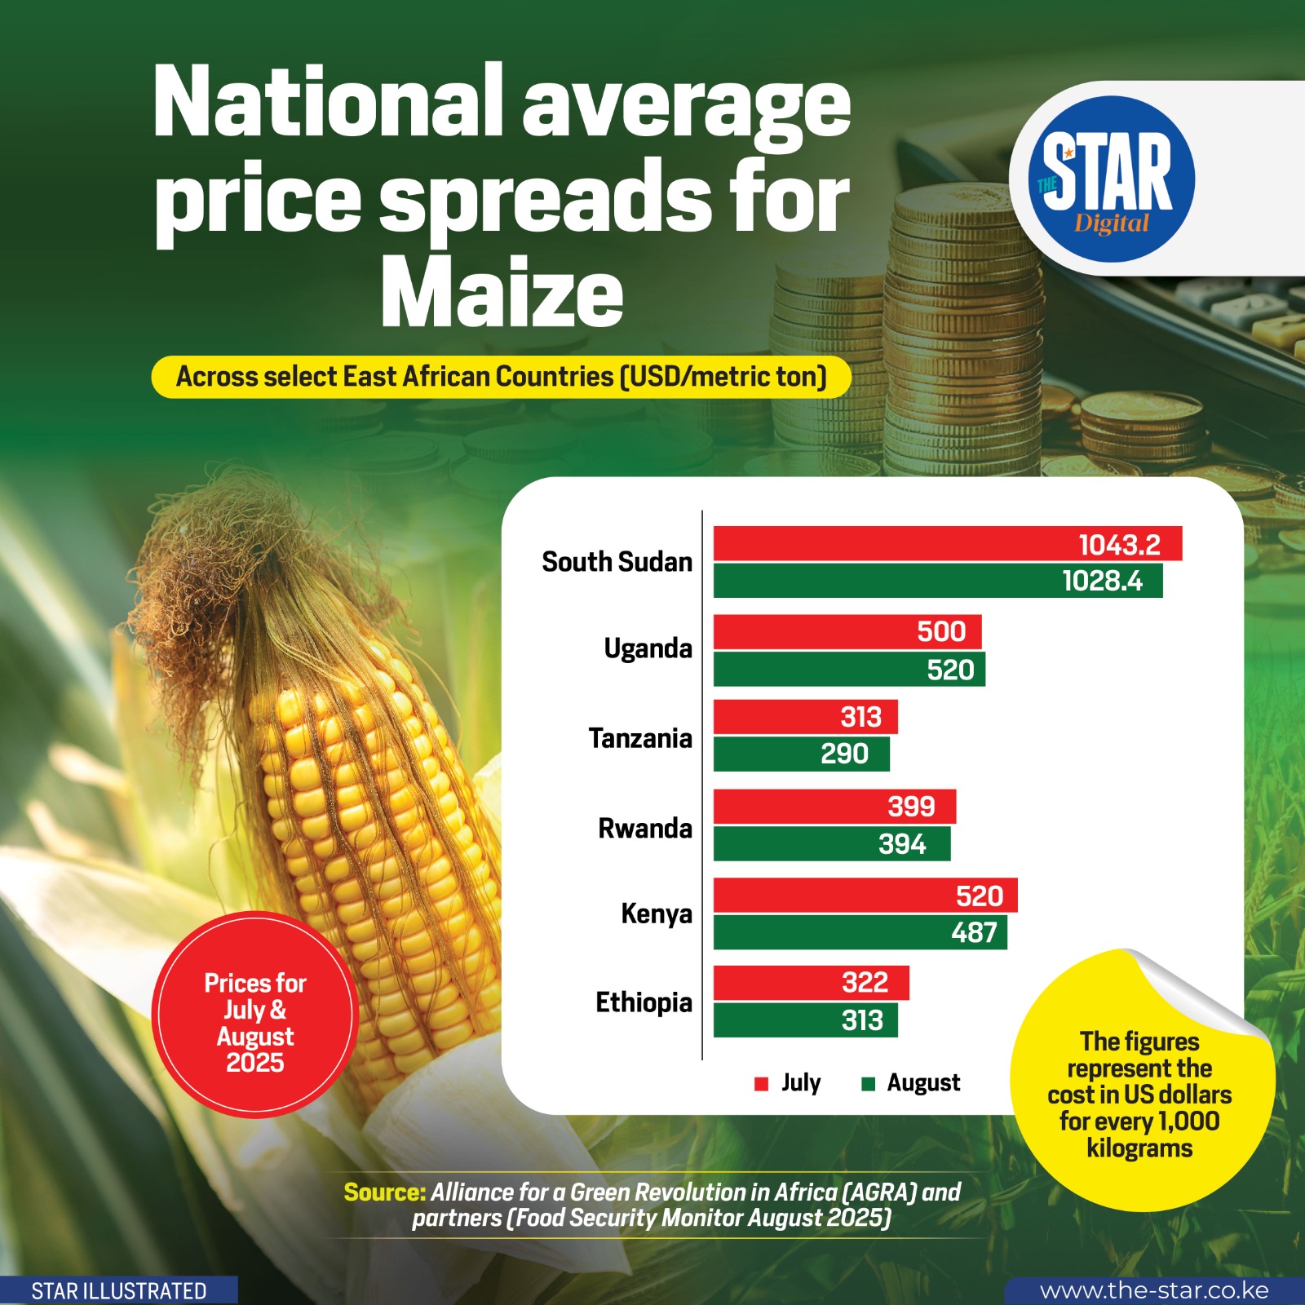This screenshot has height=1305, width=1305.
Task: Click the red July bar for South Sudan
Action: pos(897,544)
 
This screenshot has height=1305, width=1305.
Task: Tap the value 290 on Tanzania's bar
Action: pos(844,754)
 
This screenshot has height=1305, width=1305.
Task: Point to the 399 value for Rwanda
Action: pos(911,807)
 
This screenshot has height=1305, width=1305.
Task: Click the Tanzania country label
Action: pos(640,738)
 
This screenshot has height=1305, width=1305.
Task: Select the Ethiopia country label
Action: pos(644,1002)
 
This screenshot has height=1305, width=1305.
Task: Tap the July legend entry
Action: pos(789,1083)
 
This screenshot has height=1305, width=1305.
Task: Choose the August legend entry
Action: pos(912,1083)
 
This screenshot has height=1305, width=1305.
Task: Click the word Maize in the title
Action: pos(502,292)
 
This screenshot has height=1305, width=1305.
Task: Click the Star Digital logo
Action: pos(1111,179)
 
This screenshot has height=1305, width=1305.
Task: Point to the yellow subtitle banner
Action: pos(501,377)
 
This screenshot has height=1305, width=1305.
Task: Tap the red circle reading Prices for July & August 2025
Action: pos(254,1015)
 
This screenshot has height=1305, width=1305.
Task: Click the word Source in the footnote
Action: pos(384,1192)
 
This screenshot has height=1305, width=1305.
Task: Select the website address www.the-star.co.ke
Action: pos(1153,1290)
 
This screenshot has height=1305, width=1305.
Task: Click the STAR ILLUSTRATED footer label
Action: pos(119,1291)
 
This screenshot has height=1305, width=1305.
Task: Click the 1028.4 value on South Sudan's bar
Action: pos(1102,582)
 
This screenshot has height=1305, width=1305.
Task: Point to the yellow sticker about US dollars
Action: pos(1139,1093)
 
